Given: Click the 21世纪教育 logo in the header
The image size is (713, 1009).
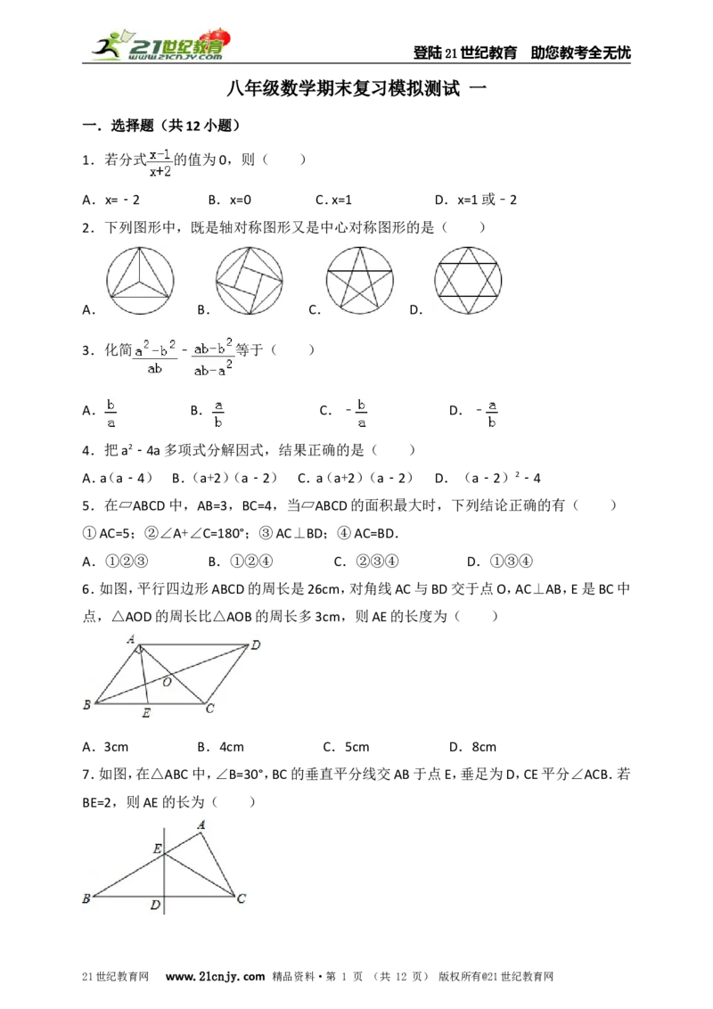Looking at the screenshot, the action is click(x=161, y=45).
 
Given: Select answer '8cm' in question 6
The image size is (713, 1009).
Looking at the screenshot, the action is click(x=484, y=747).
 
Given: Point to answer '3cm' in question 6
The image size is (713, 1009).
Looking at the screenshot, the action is click(x=116, y=747).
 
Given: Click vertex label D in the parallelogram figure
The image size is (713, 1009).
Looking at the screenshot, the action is click(x=256, y=644).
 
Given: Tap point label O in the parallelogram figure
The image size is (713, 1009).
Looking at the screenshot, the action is click(x=168, y=682).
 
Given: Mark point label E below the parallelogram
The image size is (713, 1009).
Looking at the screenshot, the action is click(x=146, y=713).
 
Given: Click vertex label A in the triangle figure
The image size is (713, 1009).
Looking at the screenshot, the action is click(x=201, y=825).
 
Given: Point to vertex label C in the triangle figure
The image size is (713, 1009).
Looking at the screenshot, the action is click(x=242, y=898).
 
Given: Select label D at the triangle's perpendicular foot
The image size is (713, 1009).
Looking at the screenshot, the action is click(x=155, y=906).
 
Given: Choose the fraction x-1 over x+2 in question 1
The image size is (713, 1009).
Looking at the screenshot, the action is click(x=160, y=163).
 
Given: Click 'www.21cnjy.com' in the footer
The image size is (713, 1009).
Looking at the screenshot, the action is click(x=215, y=976).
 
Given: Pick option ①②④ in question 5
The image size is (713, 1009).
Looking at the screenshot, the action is click(x=251, y=562).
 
